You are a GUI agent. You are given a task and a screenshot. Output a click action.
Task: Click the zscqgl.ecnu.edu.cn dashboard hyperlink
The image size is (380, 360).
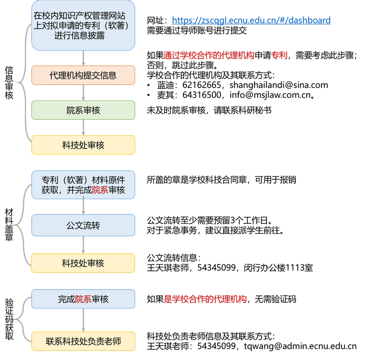click(x=251, y=20)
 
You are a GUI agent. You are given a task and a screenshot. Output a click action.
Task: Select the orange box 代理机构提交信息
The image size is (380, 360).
click(x=83, y=75)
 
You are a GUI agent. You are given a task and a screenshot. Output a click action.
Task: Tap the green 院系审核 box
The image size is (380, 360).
click(x=83, y=110)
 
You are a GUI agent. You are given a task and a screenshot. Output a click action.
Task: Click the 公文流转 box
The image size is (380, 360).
click(x=83, y=225)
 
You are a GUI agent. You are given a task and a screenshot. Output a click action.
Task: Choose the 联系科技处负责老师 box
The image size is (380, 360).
click(x=83, y=341)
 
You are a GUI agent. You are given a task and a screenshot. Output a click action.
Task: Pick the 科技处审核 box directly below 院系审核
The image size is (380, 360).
click(x=83, y=145)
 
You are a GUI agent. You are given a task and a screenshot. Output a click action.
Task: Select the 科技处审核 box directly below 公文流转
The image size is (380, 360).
click(x=83, y=263)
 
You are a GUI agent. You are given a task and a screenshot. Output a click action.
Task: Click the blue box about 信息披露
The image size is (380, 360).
click(x=83, y=26)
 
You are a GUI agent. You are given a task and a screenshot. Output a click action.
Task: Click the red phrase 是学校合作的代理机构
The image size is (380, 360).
click(x=205, y=299)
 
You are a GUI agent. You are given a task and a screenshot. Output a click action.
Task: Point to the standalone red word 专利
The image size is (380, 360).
click(x=279, y=56)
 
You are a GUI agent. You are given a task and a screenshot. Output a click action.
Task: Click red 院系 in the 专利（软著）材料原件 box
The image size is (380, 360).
click(x=100, y=190)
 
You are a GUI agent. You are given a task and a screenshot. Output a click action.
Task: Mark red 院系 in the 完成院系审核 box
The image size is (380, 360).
click(x=83, y=299)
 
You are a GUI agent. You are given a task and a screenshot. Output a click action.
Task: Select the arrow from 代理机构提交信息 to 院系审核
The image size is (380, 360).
click(x=84, y=93)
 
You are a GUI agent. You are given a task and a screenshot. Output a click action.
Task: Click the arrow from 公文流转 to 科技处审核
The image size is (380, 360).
click(x=84, y=245)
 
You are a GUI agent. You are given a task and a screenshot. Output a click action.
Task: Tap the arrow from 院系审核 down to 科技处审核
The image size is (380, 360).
click(x=84, y=127)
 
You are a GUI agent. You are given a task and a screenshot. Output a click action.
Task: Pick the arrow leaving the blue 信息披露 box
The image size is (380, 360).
click(x=84, y=58)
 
